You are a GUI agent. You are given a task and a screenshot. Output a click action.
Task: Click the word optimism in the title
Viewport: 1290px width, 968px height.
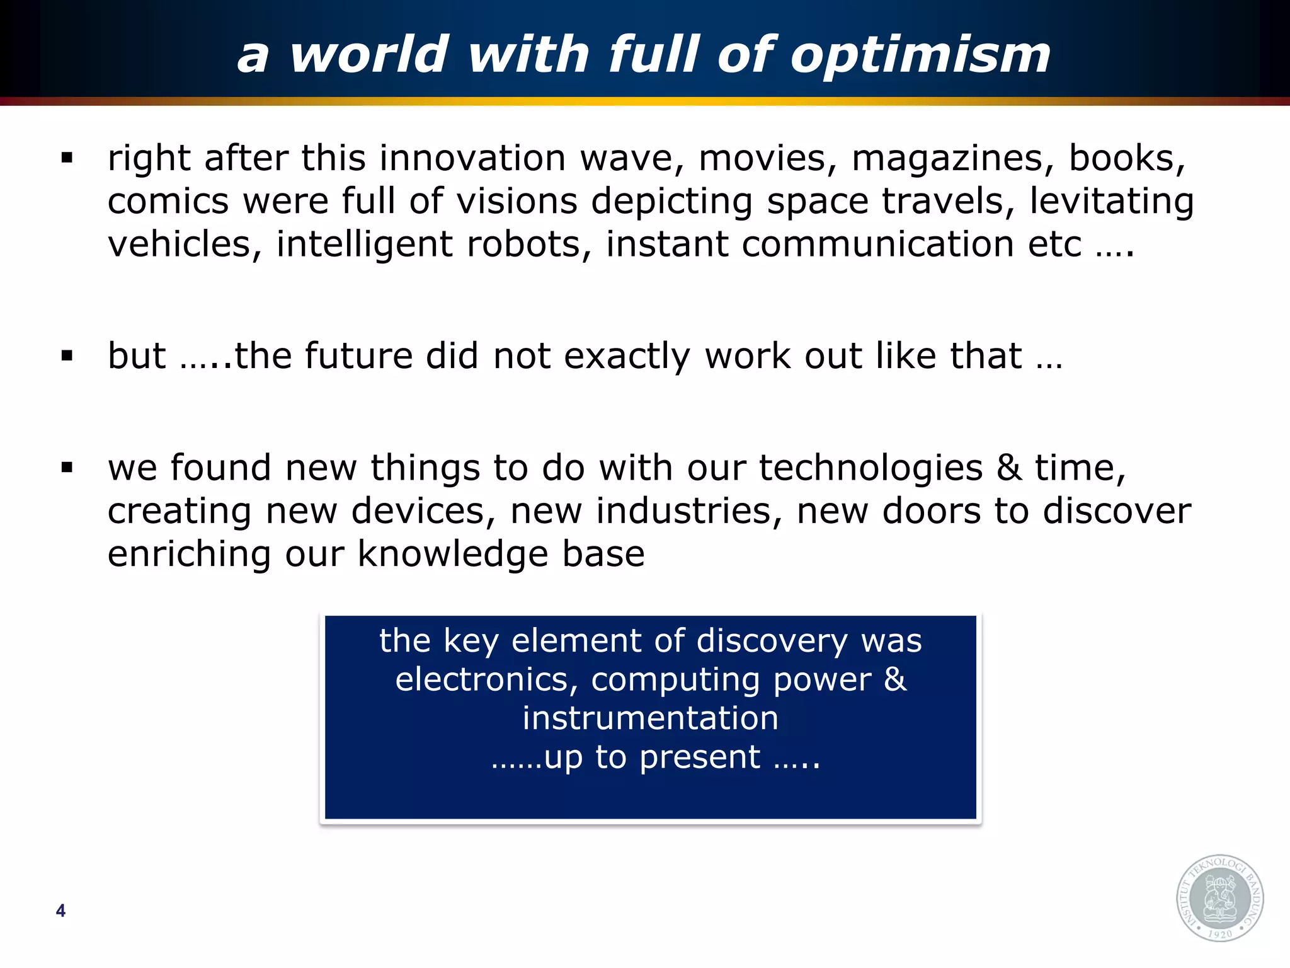pyautogui.click(x=920, y=55)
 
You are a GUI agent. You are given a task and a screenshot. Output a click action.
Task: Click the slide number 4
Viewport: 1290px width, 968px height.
pyautogui.click(x=60, y=910)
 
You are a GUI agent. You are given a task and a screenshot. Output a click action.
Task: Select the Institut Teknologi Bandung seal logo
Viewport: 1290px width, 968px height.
pyautogui.click(x=1220, y=898)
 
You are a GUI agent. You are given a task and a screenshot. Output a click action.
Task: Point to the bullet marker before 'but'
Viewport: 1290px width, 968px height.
pyautogui.click(x=67, y=356)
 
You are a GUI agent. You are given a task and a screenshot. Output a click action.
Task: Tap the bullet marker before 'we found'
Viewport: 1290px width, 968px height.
pyautogui.click(x=67, y=468)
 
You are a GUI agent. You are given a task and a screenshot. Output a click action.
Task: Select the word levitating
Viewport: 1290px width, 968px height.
pyautogui.click(x=1112, y=202)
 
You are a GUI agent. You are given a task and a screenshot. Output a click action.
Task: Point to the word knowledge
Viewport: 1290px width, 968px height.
pyautogui.click(x=453, y=555)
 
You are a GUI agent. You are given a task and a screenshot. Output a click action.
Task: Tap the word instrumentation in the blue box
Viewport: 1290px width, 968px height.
pyautogui.click(x=650, y=718)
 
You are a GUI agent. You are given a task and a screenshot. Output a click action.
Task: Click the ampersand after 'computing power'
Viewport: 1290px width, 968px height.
pyautogui.click(x=895, y=679)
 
